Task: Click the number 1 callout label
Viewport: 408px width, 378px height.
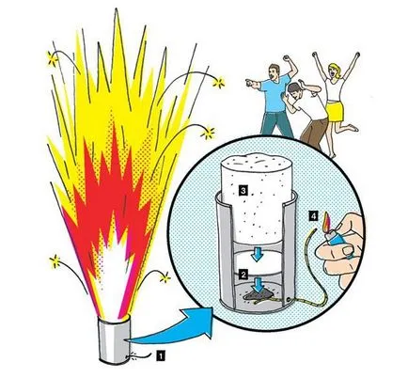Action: [x=160, y=356]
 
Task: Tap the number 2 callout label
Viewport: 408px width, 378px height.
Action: [x=243, y=275]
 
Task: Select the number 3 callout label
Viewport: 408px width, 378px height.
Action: [x=243, y=190]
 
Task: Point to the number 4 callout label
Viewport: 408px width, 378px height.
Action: [x=313, y=215]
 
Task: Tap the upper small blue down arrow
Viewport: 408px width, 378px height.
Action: [x=258, y=254]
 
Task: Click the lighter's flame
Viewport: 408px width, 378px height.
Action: [x=326, y=221]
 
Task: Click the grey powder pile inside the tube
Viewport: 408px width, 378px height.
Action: [x=258, y=294]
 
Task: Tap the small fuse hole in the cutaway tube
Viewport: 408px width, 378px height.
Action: [x=286, y=299]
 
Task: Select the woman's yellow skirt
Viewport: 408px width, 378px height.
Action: [x=336, y=111]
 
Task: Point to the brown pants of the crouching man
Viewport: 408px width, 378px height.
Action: [x=315, y=131]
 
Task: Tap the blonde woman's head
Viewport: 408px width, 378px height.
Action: [x=334, y=71]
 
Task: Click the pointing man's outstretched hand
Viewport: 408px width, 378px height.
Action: [x=250, y=82]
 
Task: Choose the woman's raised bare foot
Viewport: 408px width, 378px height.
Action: [x=353, y=128]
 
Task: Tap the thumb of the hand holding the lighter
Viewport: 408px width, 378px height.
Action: [x=346, y=250]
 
